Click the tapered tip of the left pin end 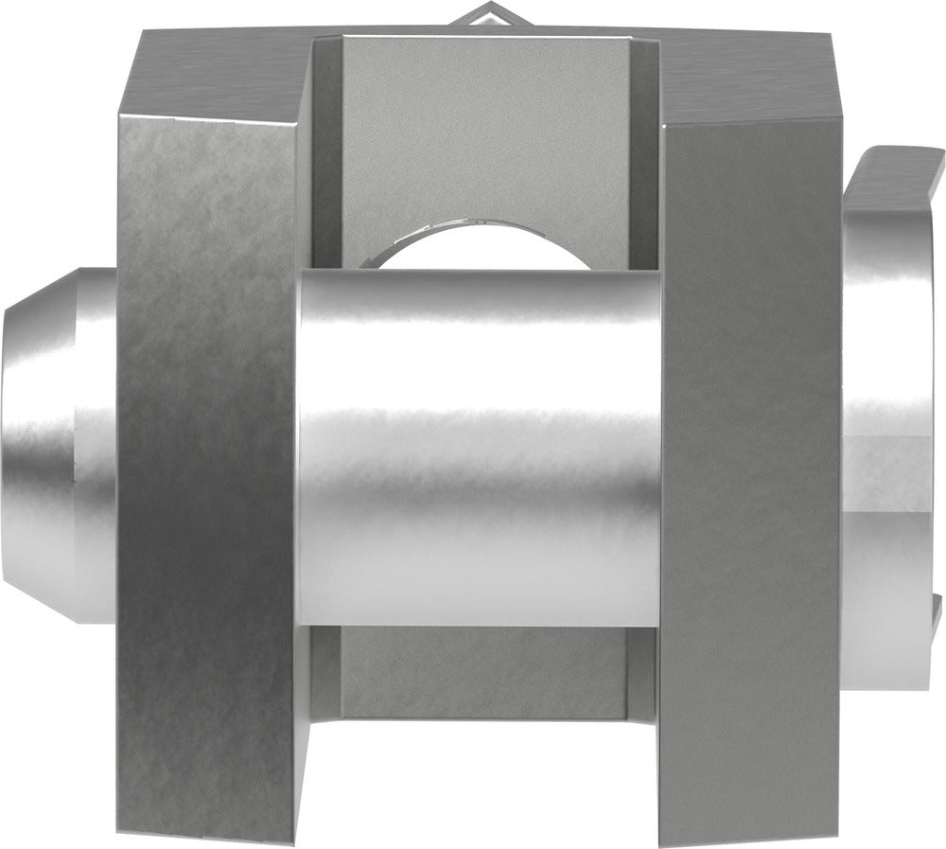[x=38, y=445]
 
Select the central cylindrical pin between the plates [x=478, y=445]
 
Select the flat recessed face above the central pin [x=482, y=123]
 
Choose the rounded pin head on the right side [x=889, y=426]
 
